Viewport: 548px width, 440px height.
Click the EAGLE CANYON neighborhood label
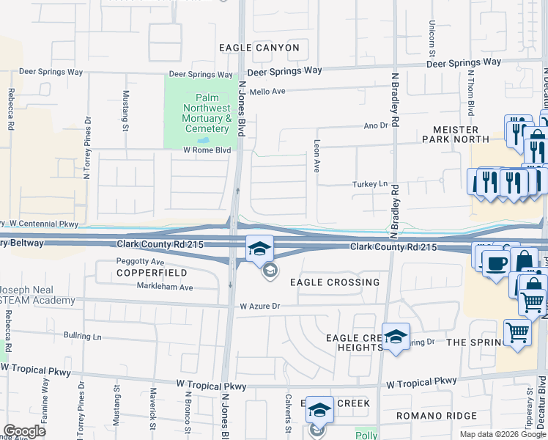[259, 48]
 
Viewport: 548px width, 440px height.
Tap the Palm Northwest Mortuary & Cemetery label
[203, 114]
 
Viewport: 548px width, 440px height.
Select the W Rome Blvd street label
[207, 150]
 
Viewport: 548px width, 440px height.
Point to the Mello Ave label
[269, 91]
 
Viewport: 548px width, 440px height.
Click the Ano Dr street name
[375, 126]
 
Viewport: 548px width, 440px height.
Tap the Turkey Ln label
[369, 183]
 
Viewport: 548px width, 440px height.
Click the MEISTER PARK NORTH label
[455, 133]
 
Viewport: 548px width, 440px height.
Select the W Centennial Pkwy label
[43, 223]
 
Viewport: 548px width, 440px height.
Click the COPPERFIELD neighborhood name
[143, 273]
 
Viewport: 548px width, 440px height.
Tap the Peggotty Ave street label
[140, 261]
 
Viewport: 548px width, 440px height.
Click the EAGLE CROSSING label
[334, 282]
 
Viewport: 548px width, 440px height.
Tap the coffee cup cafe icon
[495, 263]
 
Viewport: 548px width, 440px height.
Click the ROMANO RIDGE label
[426, 416]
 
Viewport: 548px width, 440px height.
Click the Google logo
[25, 431]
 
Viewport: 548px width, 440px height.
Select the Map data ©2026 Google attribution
[502, 434]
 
